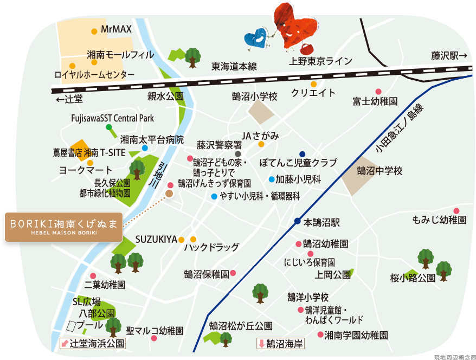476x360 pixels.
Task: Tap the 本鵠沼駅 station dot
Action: [x=297, y=221]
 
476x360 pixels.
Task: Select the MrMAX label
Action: [x=117, y=30]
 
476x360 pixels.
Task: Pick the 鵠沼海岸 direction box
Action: [x=281, y=343]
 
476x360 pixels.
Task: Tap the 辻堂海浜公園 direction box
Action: [x=93, y=343]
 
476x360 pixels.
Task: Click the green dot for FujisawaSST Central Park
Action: [x=109, y=127]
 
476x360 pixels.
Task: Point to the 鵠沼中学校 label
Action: [x=379, y=171]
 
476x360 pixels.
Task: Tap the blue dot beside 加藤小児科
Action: [x=271, y=179]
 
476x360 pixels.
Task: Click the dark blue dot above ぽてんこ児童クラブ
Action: [x=302, y=153]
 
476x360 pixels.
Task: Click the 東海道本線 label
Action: [x=234, y=66]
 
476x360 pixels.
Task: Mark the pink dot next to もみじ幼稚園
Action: [x=456, y=211]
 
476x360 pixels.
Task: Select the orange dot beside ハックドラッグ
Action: [x=193, y=239]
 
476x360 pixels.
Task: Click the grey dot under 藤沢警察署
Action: [x=237, y=154]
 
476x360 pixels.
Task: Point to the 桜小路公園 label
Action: [x=413, y=278]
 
